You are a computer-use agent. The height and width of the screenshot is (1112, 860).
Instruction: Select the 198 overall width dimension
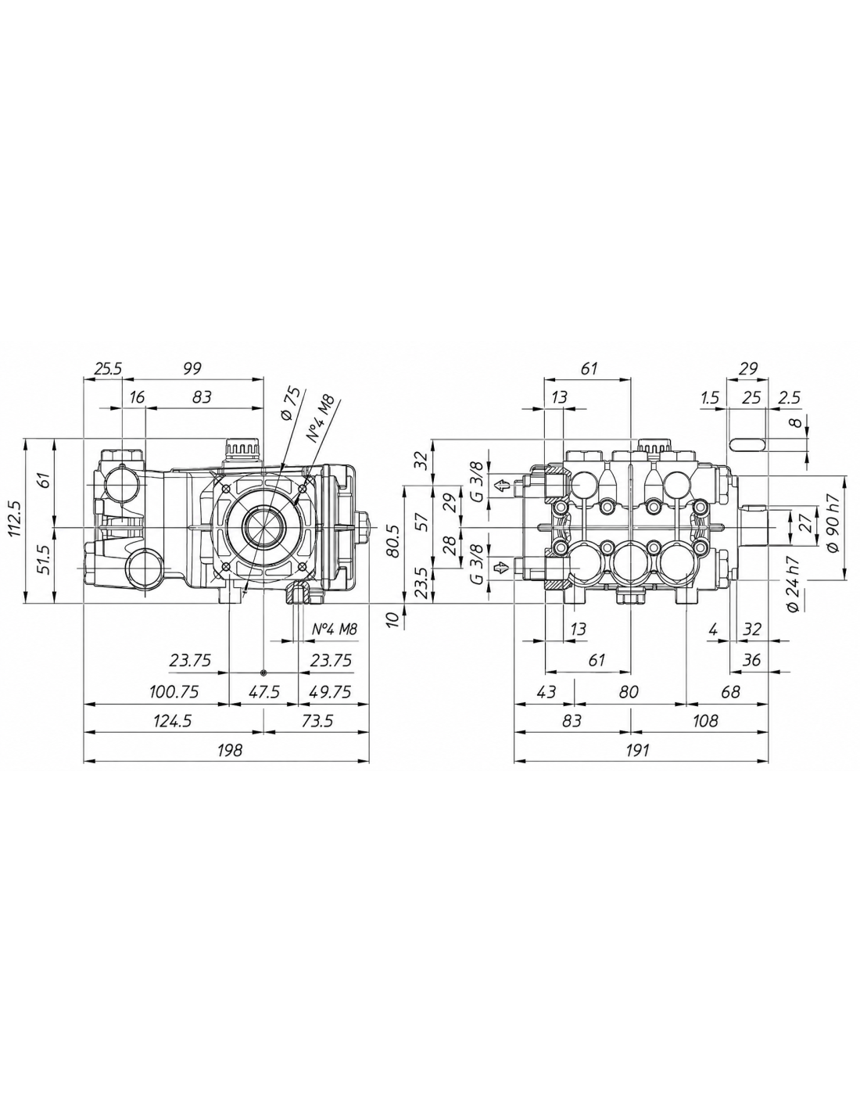point(228,750)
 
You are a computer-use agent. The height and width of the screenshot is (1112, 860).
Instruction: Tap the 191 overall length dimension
point(637,750)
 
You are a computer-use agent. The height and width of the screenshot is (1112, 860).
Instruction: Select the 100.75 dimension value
point(174,692)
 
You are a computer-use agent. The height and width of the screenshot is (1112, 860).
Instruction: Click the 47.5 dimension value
point(263,692)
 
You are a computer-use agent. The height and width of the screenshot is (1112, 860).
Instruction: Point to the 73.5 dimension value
point(317,721)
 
